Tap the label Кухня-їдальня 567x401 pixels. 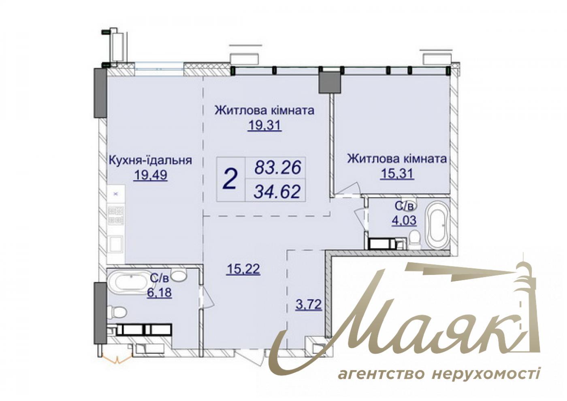(x=150, y=160)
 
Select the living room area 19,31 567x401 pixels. (x=264, y=125)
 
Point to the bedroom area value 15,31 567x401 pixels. (x=397, y=174)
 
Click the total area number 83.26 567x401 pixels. (x=278, y=167)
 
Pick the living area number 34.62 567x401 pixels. (x=277, y=191)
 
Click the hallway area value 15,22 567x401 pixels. (x=244, y=269)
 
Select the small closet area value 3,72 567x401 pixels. (x=309, y=304)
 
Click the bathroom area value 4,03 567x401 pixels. (x=404, y=220)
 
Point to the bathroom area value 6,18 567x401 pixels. (x=159, y=293)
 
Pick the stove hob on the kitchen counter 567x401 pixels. (x=116, y=215)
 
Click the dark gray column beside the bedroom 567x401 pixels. (x=330, y=82)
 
